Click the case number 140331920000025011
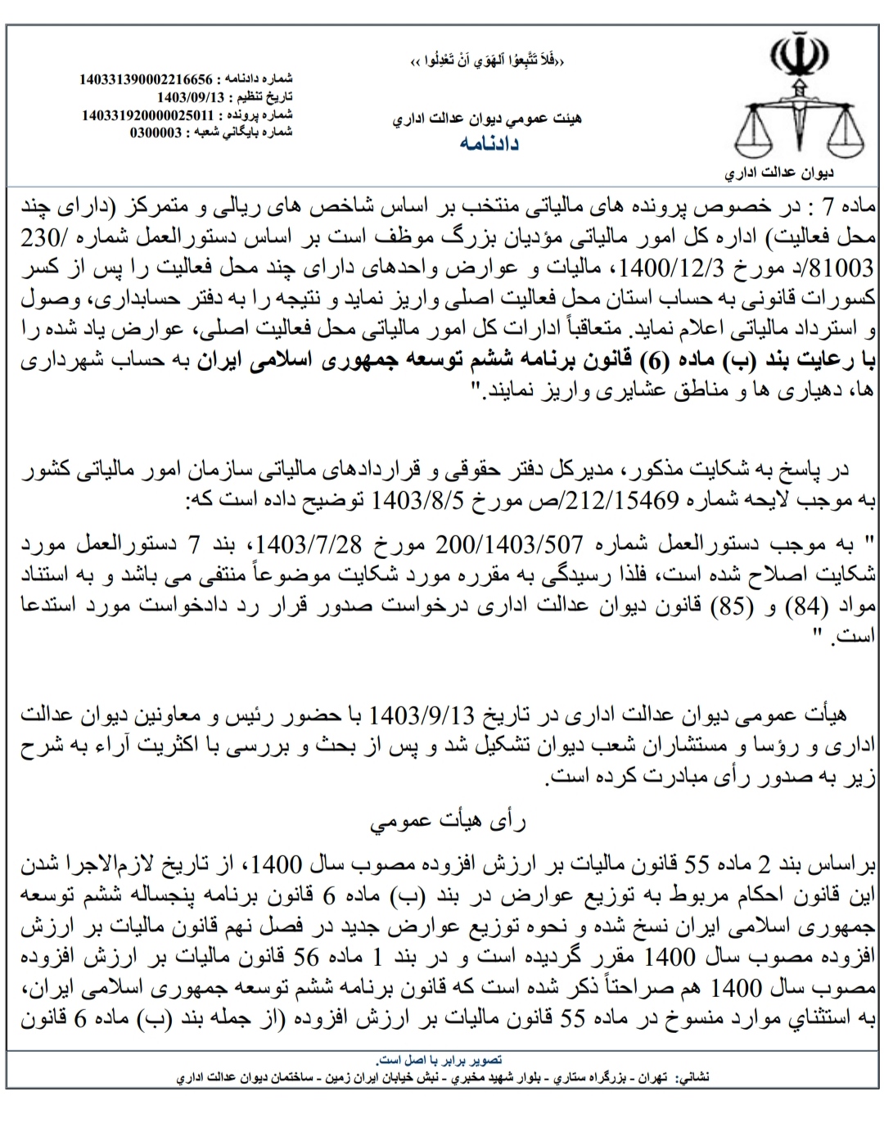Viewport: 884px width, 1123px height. (147, 115)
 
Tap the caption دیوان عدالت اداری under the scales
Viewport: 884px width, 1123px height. (780, 174)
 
